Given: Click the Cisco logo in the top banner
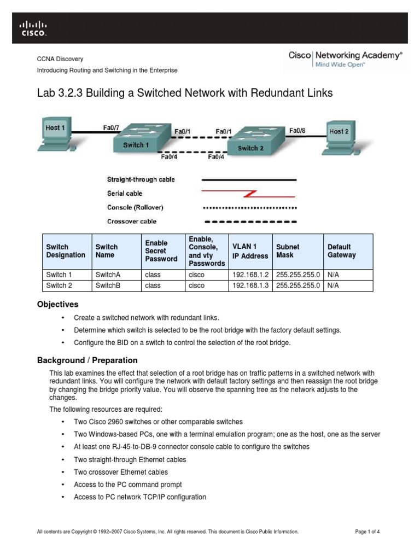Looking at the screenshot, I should tap(33, 28).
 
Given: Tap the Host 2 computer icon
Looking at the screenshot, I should tap(343, 136).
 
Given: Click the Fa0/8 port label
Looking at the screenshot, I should tap(297, 131).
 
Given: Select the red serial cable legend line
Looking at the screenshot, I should tap(249, 193).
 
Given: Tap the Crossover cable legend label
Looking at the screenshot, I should tap(131, 221).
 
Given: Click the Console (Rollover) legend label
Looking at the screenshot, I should tap(135, 207).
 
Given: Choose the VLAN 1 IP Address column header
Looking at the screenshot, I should tap(249, 251).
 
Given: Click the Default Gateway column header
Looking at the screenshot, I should tap(341, 251).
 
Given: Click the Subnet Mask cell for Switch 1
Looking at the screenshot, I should tap(298, 275).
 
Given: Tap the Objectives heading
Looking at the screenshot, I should tap(57, 304).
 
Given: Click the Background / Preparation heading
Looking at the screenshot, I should tap(87, 360).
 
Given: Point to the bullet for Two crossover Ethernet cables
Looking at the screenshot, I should tap(63, 472).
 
